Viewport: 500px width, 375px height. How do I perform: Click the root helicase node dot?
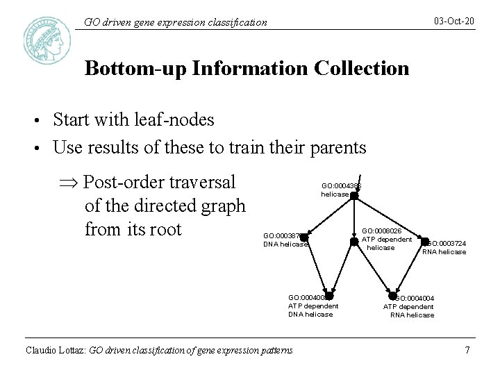(x=353, y=196)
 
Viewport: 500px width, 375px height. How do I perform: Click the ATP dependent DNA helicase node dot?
(x=329, y=296)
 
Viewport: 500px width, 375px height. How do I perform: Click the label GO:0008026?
(x=382, y=231)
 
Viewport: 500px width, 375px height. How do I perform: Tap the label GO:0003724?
(x=447, y=244)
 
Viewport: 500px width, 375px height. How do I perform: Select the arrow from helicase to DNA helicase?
(x=329, y=217)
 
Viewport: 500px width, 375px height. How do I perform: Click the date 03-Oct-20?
(x=454, y=22)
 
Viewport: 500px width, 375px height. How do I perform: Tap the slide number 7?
(x=467, y=350)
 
